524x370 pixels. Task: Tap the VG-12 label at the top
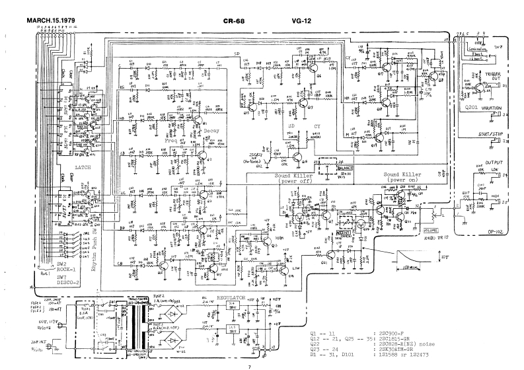click(x=301, y=20)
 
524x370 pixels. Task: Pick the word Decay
click(x=211, y=131)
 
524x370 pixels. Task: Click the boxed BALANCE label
click(x=346, y=168)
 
